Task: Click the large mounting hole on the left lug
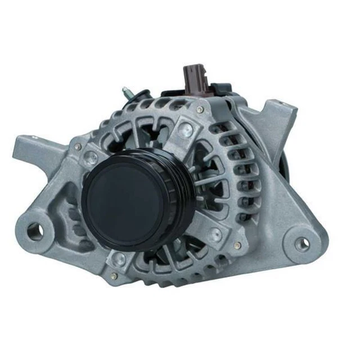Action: pos(35,229)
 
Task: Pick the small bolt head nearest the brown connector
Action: pos(200,109)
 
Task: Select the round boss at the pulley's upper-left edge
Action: pos(90,158)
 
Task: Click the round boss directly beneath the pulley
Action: pos(119,258)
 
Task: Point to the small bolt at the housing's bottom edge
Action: pos(114,276)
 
